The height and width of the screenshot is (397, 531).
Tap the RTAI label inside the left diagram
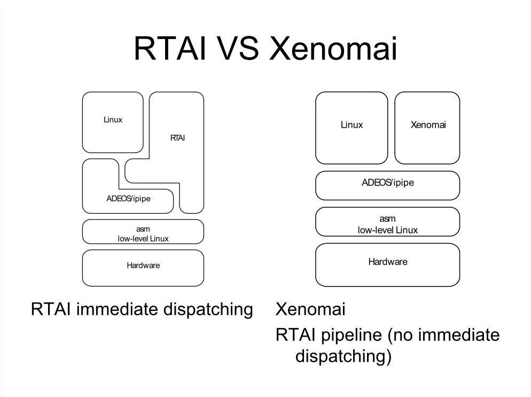pyautogui.click(x=178, y=138)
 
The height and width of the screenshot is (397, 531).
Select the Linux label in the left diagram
pyautogui.click(x=113, y=120)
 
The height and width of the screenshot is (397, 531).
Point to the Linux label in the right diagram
pyautogui.click(x=352, y=125)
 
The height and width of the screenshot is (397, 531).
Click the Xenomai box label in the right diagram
pyautogui.click(x=428, y=125)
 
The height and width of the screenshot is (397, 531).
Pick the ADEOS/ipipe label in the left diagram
pyautogui.click(x=128, y=198)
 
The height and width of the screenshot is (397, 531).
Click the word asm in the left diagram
pyautogui.click(x=143, y=229)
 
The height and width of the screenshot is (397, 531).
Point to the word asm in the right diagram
pyautogui.click(x=387, y=219)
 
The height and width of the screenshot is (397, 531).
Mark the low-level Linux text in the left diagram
pyautogui.click(x=143, y=238)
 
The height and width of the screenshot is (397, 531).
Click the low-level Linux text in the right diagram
pyautogui.click(x=387, y=230)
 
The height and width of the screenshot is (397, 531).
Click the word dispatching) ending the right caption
pyautogui.click(x=343, y=356)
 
